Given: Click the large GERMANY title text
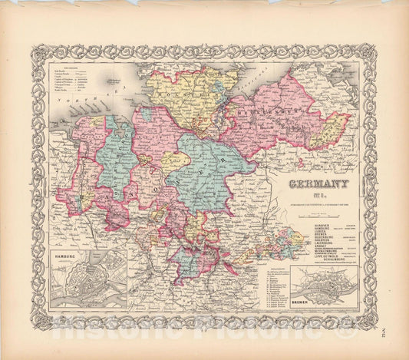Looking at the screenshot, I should [x=318, y=183].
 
